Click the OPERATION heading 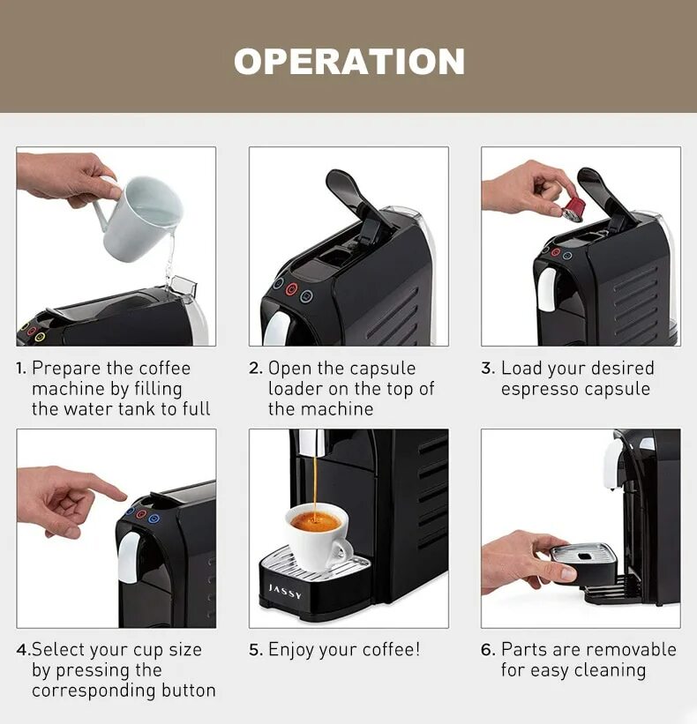click(349, 62)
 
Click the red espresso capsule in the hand click(573, 209)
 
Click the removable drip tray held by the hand click(584, 563)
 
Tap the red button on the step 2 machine click(291, 289)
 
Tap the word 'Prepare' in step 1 click(66, 369)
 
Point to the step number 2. click(256, 368)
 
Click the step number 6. click(488, 650)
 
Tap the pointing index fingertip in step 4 click(123, 496)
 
